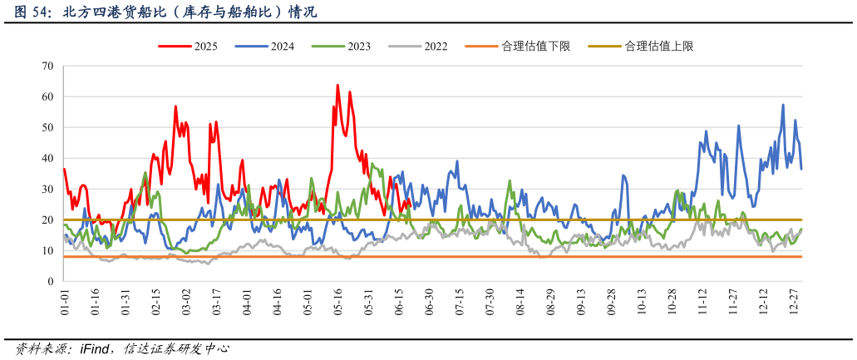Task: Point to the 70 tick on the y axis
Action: click(x=47, y=66)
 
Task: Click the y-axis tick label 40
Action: click(x=47, y=158)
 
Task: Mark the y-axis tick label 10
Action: click(x=47, y=250)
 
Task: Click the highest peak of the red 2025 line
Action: click(x=337, y=85)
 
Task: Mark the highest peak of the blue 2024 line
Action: click(x=783, y=105)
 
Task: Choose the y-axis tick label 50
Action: click(x=47, y=127)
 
